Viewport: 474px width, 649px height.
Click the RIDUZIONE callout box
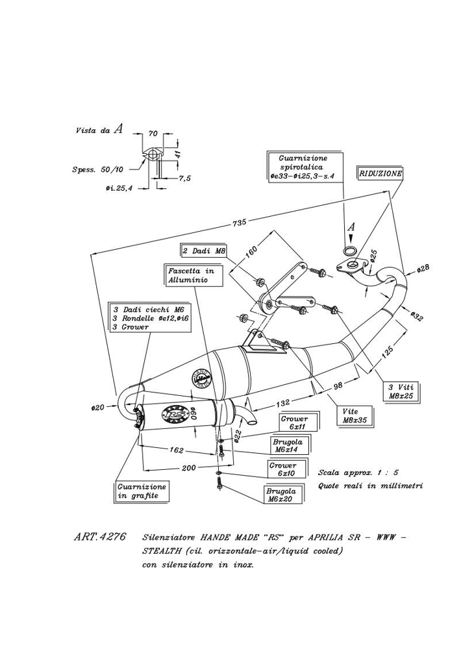coord(380,174)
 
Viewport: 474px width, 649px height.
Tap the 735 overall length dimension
coord(239,223)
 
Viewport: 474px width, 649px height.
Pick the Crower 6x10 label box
coord(283,469)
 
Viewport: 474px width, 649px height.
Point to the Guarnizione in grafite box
coord(142,491)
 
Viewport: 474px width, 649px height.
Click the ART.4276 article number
coord(99,538)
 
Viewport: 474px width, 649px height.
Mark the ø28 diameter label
coord(423,269)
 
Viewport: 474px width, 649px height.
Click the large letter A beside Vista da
coord(118,129)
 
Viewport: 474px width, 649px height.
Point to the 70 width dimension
coord(153,134)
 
